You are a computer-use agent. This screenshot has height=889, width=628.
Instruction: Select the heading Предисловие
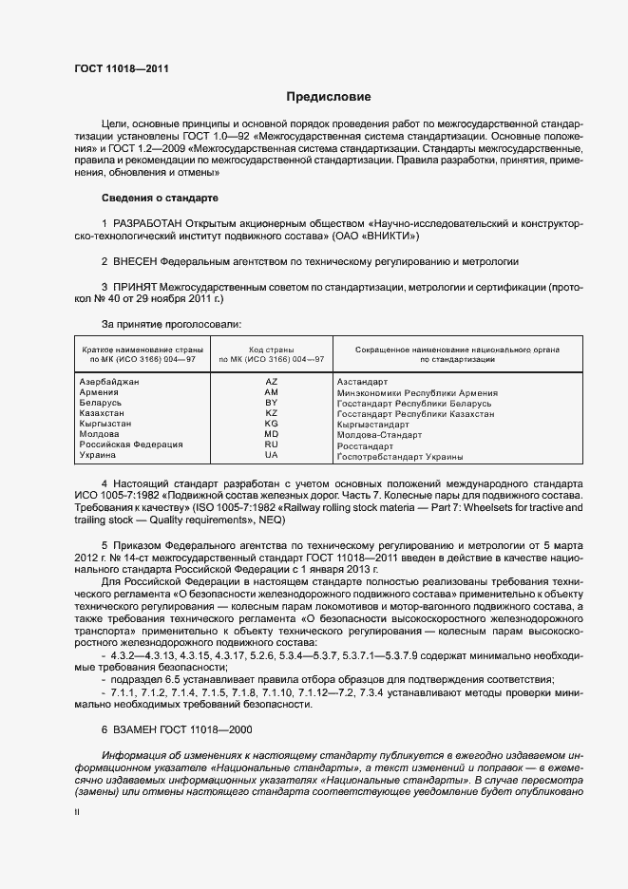point(329,97)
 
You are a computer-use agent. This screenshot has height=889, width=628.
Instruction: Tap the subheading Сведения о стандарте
point(160,198)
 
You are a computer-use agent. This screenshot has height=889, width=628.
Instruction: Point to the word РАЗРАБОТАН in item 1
point(148,222)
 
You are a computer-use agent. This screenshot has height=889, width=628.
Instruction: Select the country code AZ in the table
point(271,382)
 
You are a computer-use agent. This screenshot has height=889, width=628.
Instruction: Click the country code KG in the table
point(271,424)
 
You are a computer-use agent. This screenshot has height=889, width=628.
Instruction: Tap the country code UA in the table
point(271,456)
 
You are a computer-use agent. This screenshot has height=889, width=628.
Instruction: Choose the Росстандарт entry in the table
point(365,445)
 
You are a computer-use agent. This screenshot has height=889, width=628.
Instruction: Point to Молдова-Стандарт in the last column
point(380,435)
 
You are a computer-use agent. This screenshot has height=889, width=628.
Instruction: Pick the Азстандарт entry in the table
point(364,382)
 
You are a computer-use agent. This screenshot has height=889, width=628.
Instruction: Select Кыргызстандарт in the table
point(374,425)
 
